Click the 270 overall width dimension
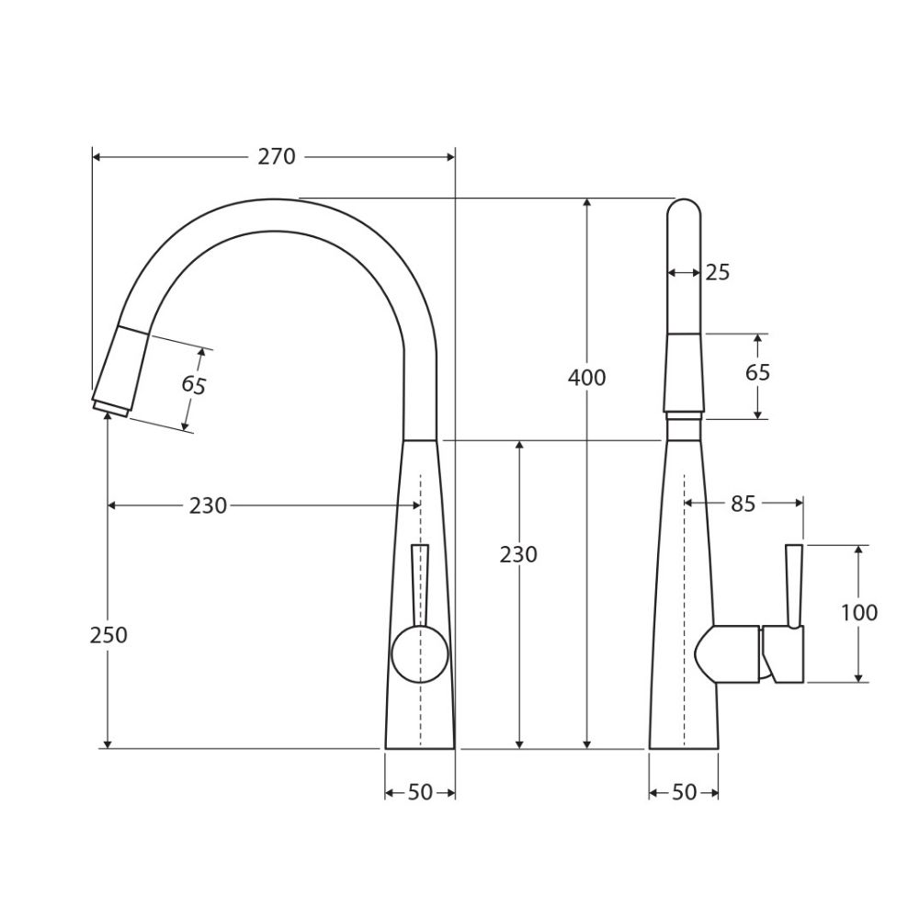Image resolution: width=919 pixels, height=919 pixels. click(277, 157)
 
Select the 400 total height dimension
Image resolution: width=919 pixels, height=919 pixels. click(586, 378)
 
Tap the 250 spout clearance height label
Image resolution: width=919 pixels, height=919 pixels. click(108, 635)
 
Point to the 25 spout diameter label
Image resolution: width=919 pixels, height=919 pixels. click(718, 273)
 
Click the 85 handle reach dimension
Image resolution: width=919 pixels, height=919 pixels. click(743, 504)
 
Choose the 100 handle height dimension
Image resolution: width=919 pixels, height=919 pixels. click(859, 612)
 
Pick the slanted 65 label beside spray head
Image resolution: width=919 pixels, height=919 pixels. click(193, 385)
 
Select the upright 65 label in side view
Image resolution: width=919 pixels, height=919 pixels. click(757, 373)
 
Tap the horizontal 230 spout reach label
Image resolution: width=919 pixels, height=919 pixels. click(208, 505)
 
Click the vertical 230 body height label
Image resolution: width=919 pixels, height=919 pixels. click(518, 554)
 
